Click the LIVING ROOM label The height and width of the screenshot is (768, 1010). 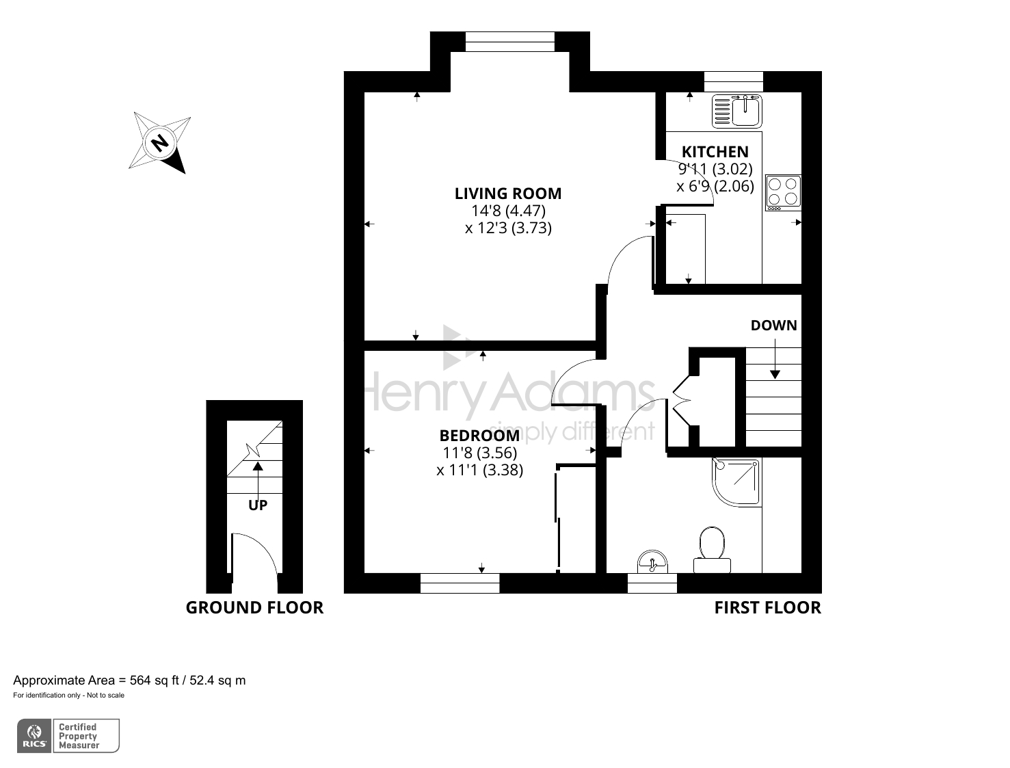pyautogui.click(x=508, y=194)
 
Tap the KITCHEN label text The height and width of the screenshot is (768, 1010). pyautogui.click(x=715, y=152)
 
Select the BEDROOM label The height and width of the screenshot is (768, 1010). pyautogui.click(x=479, y=436)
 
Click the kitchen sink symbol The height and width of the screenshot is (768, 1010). pyautogui.click(x=736, y=111)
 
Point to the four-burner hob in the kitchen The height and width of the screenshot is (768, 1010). pyautogui.click(x=783, y=192)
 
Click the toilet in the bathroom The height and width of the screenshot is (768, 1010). pyautogui.click(x=712, y=550)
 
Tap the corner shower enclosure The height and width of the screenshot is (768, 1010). pyautogui.click(x=736, y=482)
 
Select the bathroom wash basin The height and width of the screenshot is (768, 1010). pyautogui.click(x=652, y=561)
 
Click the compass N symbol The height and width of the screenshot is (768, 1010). pyautogui.click(x=159, y=143)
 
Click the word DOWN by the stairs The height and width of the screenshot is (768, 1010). pyautogui.click(x=773, y=326)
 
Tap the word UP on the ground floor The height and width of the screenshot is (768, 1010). pyautogui.click(x=258, y=505)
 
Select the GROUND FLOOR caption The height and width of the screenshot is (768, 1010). pyautogui.click(x=254, y=607)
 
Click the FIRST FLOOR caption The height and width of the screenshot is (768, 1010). pyautogui.click(x=767, y=607)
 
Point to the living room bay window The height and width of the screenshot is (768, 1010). pyautogui.click(x=510, y=42)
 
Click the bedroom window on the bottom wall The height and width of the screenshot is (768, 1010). pyautogui.click(x=460, y=583)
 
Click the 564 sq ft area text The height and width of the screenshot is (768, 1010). pyautogui.click(x=154, y=680)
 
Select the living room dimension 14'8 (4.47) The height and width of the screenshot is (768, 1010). pyautogui.click(x=508, y=211)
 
